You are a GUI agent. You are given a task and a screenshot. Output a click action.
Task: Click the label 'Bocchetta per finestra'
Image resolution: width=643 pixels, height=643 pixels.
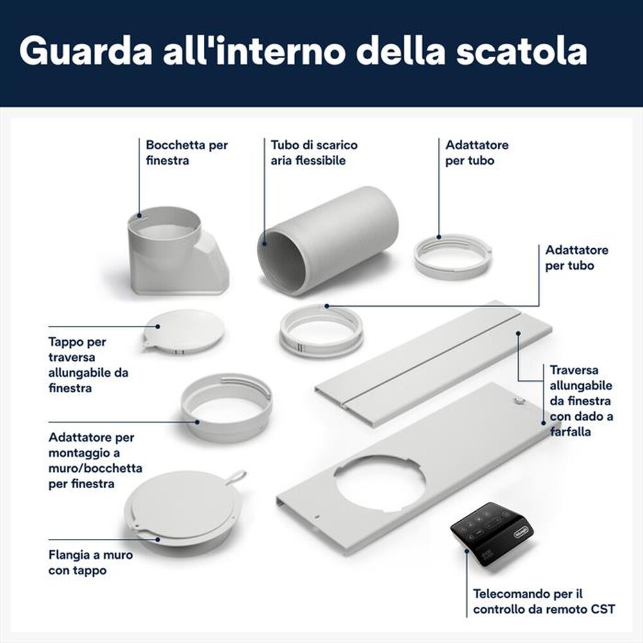tap(186, 152)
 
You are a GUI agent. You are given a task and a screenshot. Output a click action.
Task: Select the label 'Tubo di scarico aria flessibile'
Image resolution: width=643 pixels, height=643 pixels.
tap(314, 152)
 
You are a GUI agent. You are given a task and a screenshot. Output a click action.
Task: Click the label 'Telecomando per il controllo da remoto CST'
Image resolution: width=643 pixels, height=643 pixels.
tap(543, 601)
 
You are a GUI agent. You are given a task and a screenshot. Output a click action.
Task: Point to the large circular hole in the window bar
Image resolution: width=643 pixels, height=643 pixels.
tap(379, 482)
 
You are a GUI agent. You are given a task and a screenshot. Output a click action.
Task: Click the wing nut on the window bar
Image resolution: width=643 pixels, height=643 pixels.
tap(520, 401)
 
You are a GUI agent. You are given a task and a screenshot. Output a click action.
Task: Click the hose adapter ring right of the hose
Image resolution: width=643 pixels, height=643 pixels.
tap(452, 255)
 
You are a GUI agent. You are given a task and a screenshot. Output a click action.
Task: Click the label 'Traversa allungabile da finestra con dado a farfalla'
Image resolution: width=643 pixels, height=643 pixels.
tap(581, 400)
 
